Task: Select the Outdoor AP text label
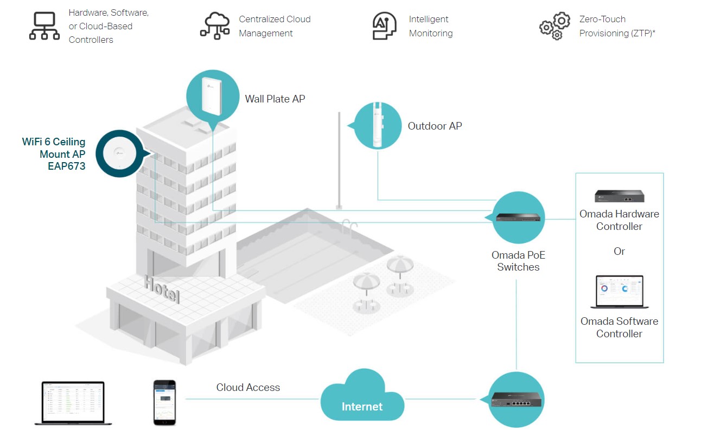435,126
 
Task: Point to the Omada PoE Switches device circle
518,218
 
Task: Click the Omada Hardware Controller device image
619,196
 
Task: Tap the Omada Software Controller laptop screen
619,291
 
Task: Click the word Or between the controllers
619,252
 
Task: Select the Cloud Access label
248,387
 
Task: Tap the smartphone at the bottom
164,402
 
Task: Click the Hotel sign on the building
162,290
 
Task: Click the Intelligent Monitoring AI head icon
384,26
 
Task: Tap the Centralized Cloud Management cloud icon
215,26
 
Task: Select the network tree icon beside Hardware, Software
44,26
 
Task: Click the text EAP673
66,166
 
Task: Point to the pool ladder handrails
350,224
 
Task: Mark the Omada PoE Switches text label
518,261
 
